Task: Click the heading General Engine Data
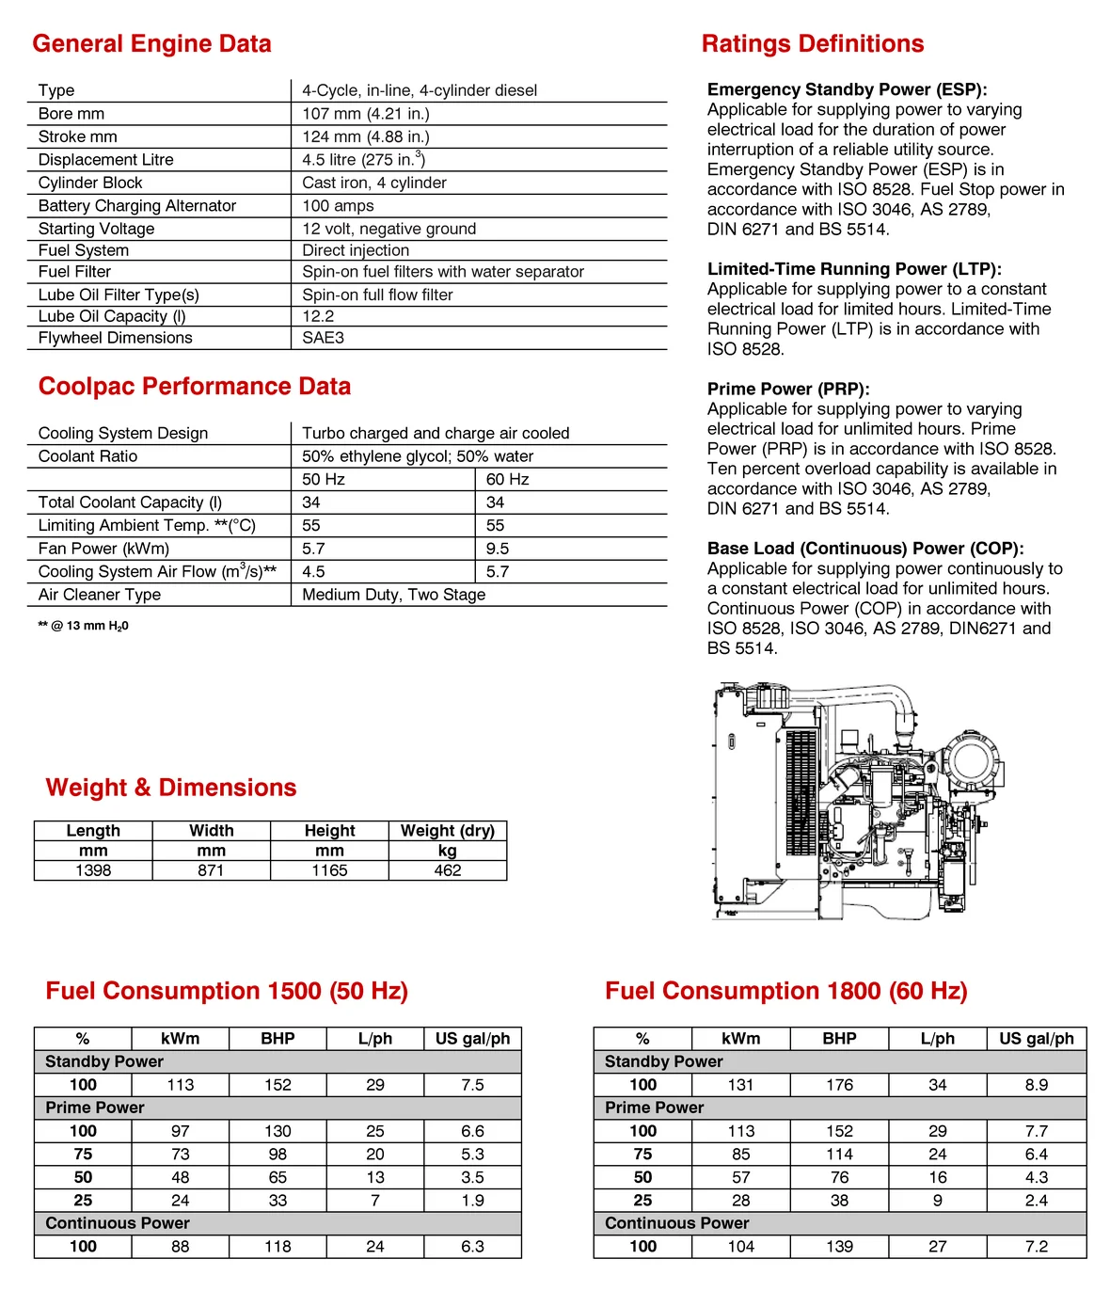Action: coord(151,44)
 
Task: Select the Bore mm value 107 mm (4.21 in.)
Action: coord(365,114)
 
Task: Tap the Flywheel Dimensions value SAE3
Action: coord(323,338)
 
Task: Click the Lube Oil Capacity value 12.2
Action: coord(318,316)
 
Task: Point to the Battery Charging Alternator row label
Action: coord(137,205)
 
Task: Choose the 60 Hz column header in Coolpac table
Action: coord(507,479)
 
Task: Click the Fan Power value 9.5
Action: coord(498,549)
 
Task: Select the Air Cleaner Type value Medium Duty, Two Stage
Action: coord(393,595)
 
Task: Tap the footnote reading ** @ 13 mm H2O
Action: coord(84,626)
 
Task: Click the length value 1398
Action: coord(93,870)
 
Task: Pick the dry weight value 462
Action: coord(448,870)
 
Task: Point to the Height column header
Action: coord(329,831)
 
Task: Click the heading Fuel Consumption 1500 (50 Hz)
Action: coord(227,991)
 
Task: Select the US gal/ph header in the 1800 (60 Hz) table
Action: coord(1036,1039)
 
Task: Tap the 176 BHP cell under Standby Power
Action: coord(839,1085)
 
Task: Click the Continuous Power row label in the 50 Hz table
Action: coord(118,1223)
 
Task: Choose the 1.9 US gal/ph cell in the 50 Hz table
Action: coord(472,1201)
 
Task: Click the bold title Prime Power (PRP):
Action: coord(788,389)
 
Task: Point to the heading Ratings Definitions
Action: coord(812,44)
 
